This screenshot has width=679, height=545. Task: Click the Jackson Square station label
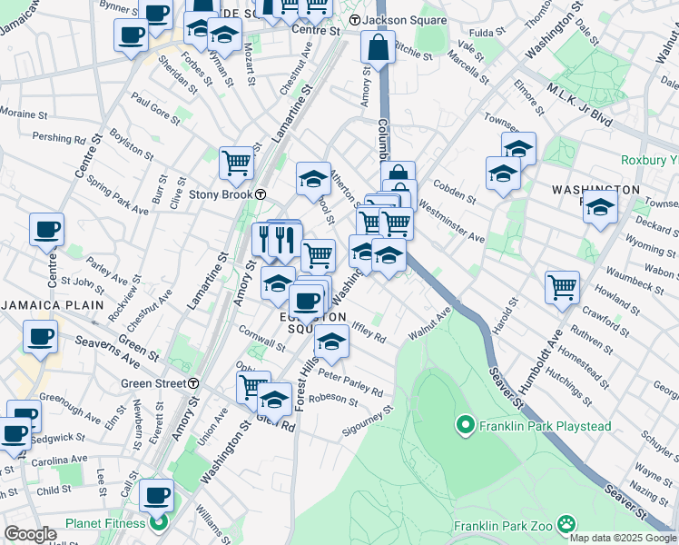point(404,20)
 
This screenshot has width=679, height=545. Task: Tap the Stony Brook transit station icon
point(261,194)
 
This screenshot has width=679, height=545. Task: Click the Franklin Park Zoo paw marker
point(567,524)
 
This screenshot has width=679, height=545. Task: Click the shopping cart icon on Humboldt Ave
point(563,287)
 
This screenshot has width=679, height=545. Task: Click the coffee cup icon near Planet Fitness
point(156,495)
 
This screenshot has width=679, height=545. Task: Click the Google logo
point(29,534)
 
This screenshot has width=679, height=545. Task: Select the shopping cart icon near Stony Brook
point(236,163)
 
